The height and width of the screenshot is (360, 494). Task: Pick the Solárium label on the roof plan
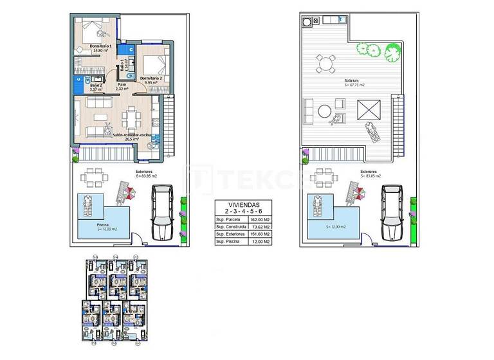(x=351, y=81)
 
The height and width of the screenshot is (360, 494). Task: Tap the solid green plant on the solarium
(x=392, y=50)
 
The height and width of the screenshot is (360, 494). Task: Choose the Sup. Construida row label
(x=230, y=227)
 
